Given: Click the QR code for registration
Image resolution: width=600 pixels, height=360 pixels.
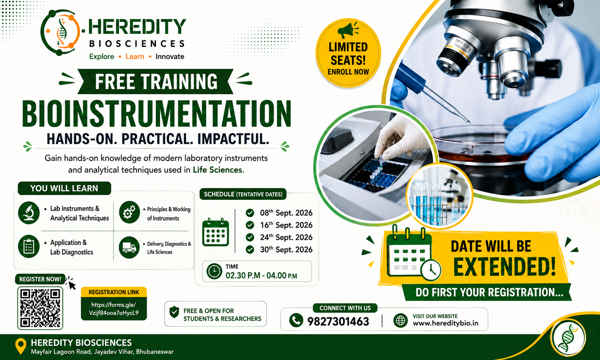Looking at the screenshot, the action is click(40, 308).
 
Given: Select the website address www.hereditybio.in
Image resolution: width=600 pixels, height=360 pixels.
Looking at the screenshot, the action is click(445, 323).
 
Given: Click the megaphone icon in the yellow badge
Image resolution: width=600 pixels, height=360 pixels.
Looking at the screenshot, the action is click(348, 30).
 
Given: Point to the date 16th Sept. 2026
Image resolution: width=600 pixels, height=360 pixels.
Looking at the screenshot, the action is click(286, 225).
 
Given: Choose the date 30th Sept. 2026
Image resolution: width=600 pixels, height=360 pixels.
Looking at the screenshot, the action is click(286, 250).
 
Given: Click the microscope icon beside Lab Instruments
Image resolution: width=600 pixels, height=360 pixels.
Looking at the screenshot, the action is click(29, 212).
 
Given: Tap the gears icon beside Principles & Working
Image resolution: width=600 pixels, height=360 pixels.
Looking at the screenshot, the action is click(129, 212).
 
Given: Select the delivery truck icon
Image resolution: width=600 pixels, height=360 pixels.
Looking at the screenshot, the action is click(129, 247).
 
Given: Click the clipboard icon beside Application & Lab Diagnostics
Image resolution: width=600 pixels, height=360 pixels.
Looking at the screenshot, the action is click(29, 246).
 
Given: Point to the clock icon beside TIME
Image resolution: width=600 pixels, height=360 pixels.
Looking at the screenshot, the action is click(214, 271).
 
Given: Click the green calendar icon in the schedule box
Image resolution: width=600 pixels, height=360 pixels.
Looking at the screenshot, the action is click(216, 232).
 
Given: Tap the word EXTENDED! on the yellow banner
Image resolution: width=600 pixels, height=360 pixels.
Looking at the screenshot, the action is click(504, 267).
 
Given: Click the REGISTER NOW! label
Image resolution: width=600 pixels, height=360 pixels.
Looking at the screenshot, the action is click(40, 279).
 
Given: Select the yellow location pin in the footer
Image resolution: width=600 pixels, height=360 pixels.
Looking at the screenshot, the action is click(21, 346).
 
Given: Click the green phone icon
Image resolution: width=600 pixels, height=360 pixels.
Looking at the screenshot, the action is click(296, 320).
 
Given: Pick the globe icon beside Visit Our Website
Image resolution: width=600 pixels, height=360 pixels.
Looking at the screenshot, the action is click(401, 320).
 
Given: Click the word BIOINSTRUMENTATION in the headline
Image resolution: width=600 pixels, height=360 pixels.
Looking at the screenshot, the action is click(157, 114).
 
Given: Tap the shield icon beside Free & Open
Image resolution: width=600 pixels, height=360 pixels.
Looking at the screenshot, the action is click(175, 312).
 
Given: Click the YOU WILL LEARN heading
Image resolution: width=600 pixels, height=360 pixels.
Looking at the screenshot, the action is click(64, 188).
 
